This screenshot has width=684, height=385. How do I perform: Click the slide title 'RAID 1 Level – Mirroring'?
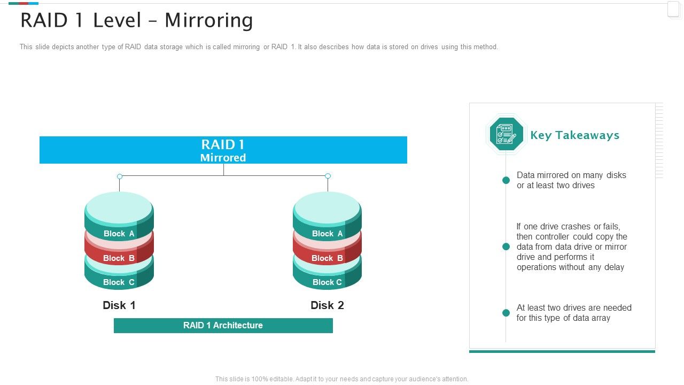click(x=136, y=21)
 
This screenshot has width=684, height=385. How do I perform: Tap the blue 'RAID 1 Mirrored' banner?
click(x=223, y=150)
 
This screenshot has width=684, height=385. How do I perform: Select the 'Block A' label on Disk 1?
click(x=119, y=234)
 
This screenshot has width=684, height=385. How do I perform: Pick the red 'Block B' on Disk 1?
click(x=119, y=258)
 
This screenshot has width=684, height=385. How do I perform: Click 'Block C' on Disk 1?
click(x=119, y=282)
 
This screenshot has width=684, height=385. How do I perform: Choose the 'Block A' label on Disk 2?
click(x=327, y=234)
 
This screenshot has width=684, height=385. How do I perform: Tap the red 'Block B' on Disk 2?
click(x=327, y=258)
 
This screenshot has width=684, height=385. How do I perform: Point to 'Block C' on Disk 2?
click(x=327, y=282)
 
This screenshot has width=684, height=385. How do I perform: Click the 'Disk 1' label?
click(x=119, y=305)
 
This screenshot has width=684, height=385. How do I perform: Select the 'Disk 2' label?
click(x=327, y=305)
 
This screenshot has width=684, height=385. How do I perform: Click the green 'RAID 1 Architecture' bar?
click(x=223, y=325)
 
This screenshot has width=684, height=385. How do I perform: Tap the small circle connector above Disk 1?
click(x=120, y=176)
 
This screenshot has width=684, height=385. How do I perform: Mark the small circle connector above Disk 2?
click(x=328, y=176)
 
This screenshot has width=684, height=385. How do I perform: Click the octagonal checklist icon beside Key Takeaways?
click(x=506, y=134)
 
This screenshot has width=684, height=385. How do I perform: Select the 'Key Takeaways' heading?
click(x=574, y=135)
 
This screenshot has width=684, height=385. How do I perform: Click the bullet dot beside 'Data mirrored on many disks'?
click(x=506, y=180)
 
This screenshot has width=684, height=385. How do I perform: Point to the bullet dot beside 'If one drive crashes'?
click(x=506, y=247)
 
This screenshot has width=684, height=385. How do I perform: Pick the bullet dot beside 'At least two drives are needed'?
click(x=506, y=313)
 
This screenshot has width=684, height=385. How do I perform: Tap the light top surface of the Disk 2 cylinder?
click(x=327, y=208)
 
